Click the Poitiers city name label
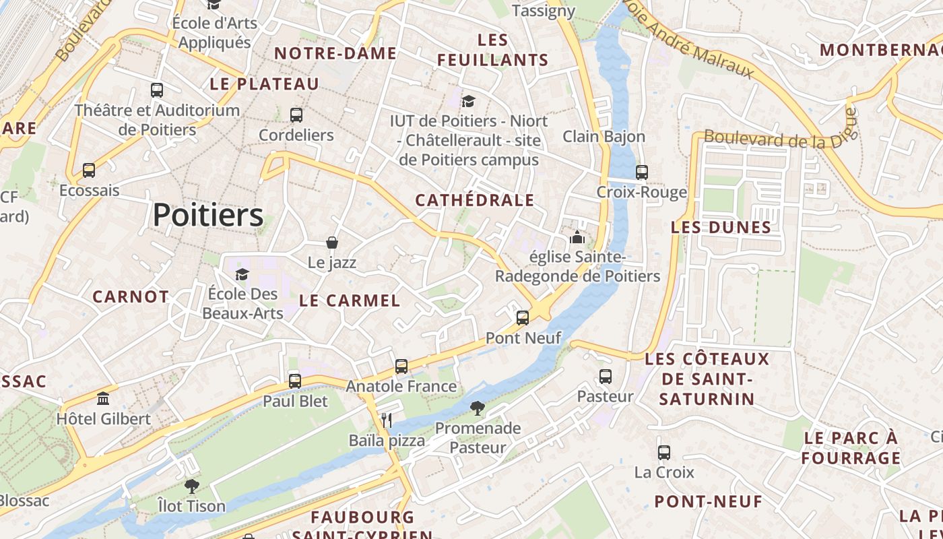pyautogui.click(x=207, y=216)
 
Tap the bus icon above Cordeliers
pyautogui.click(x=296, y=115)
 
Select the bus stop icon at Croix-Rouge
pyautogui.click(x=642, y=172)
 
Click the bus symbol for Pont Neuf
pyautogui.click(x=523, y=318)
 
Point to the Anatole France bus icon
pyautogui.click(x=401, y=367)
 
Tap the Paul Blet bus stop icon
pyautogui.click(x=295, y=381)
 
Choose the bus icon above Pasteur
pyautogui.click(x=606, y=377)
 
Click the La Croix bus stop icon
pyautogui.click(x=664, y=453)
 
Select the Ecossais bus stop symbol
pyautogui.click(x=89, y=170)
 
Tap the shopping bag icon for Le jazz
pyautogui.click(x=331, y=243)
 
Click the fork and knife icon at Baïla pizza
pyautogui.click(x=387, y=420)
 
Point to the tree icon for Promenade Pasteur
pyautogui.click(x=478, y=408)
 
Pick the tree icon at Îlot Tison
pyautogui.click(x=192, y=486)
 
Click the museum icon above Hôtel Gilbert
pyautogui.click(x=103, y=399)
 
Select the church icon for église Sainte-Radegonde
pyautogui.click(x=577, y=237)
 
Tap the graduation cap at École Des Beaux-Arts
pyautogui.click(x=242, y=274)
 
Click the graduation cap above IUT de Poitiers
pyautogui.click(x=468, y=101)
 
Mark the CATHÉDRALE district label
pyautogui.click(x=474, y=200)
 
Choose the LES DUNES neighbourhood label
pyautogui.click(x=721, y=228)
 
